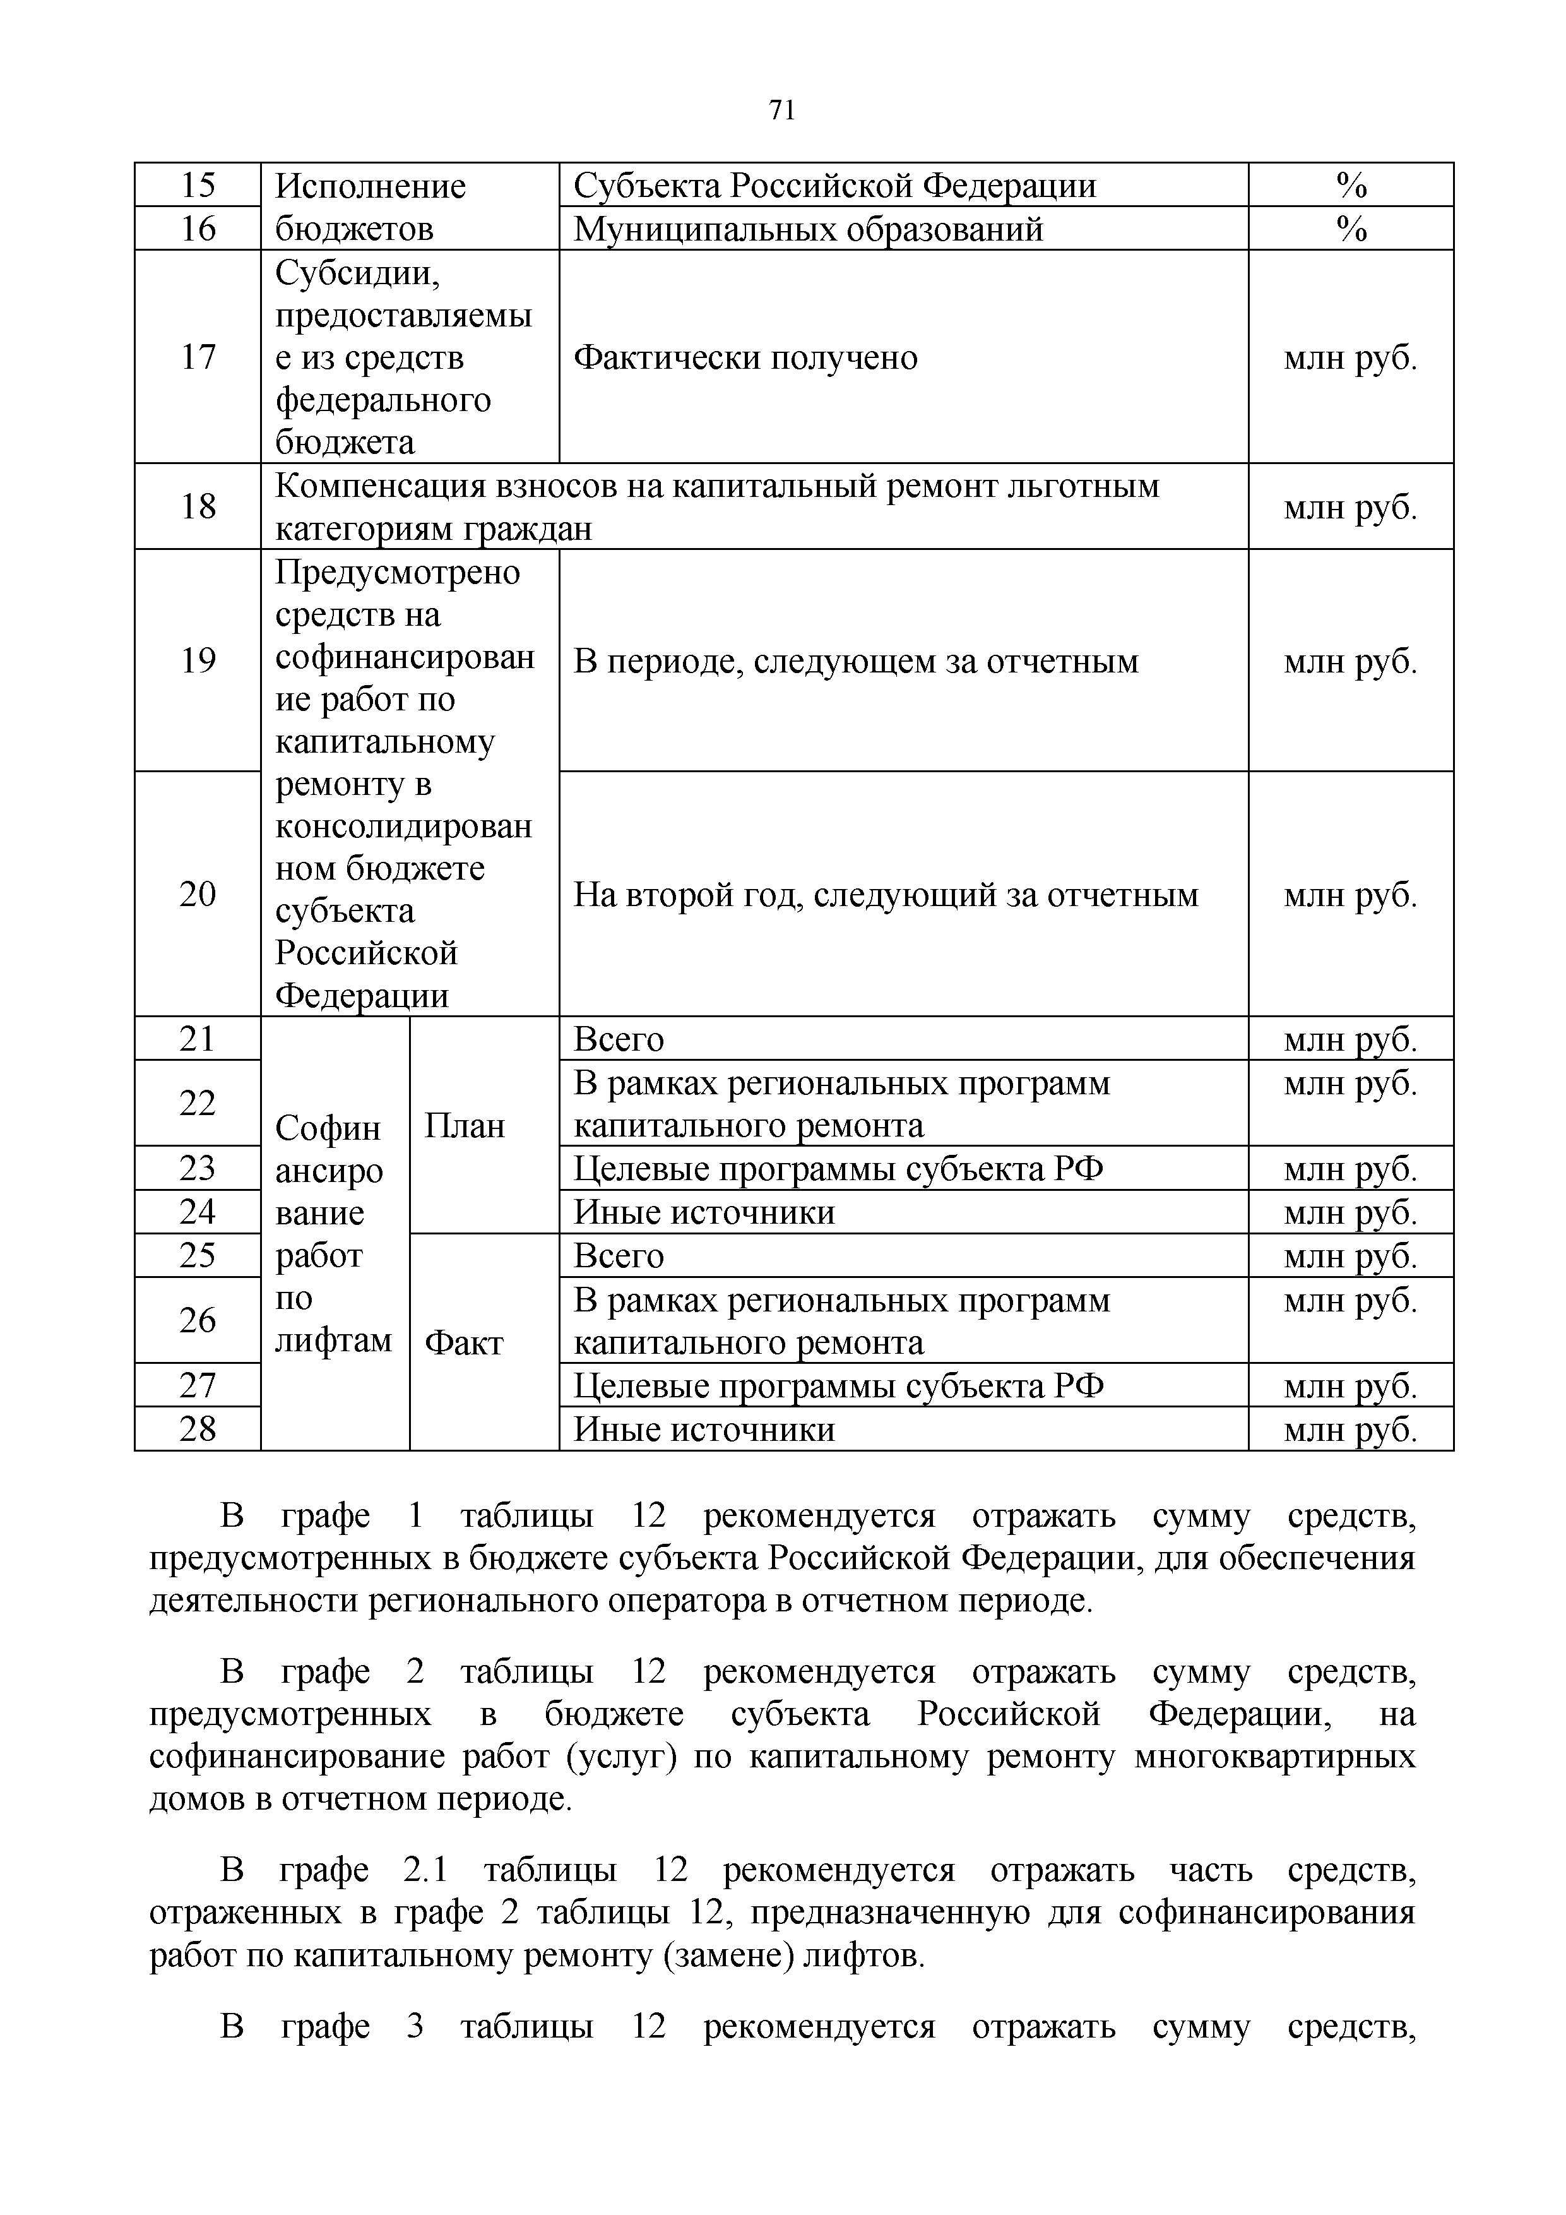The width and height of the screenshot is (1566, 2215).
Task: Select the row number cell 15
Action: pyautogui.click(x=198, y=185)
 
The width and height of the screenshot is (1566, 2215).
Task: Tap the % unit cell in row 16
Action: pyautogui.click(x=1350, y=229)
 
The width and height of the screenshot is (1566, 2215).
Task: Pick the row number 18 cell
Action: pyautogui.click(x=198, y=506)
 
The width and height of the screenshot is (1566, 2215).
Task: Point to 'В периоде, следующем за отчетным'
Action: pyautogui.click(x=855, y=661)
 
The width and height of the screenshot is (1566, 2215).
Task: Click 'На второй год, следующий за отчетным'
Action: pyautogui.click(x=885, y=895)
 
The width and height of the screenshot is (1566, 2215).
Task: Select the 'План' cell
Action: pyautogui.click(x=465, y=1126)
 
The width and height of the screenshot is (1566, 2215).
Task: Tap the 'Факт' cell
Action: pyautogui.click(x=464, y=1343)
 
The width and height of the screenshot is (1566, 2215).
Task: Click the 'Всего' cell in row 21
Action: pyautogui.click(x=618, y=1039)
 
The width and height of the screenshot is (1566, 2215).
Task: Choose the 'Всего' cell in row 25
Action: pyautogui.click(x=618, y=1256)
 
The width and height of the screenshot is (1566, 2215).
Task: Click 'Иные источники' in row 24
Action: pyautogui.click(x=704, y=1212)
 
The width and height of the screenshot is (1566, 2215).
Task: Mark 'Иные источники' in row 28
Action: pyautogui.click(x=704, y=1429)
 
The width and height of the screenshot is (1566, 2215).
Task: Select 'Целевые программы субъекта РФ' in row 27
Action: pyautogui.click(x=838, y=1387)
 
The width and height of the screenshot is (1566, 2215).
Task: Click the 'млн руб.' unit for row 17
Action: pyautogui.click(x=1350, y=358)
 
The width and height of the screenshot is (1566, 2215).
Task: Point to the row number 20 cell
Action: pyautogui.click(x=198, y=894)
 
